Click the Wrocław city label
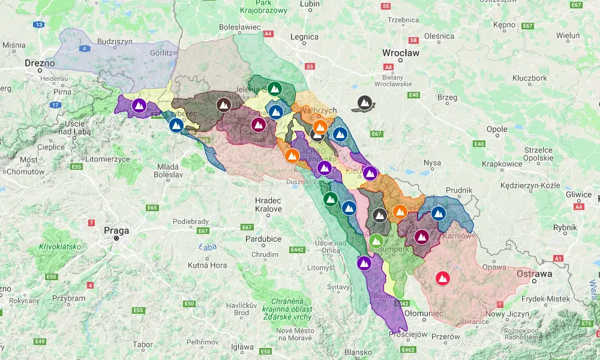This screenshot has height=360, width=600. tap(401, 53)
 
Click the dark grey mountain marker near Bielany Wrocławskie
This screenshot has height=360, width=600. tap(364, 103)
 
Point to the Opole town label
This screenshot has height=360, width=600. tap(497, 129)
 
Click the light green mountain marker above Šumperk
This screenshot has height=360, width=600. tap(376, 241)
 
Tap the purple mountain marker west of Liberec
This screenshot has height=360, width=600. tap(139, 106)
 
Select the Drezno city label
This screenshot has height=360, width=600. tap(40, 63)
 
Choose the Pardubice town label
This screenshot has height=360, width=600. tap(263, 239)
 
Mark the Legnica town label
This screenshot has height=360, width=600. tap(304, 37)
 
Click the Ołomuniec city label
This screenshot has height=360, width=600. tap(424, 313)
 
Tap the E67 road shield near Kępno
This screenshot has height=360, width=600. tap(527, 26)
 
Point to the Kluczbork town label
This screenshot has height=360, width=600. tap(529, 78)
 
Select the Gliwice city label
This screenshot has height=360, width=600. tap(578, 194)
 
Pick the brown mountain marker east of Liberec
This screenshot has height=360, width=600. tap(223, 105)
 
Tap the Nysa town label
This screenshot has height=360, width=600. tap(432, 163)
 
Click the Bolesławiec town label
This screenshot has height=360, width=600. tap(240, 27)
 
